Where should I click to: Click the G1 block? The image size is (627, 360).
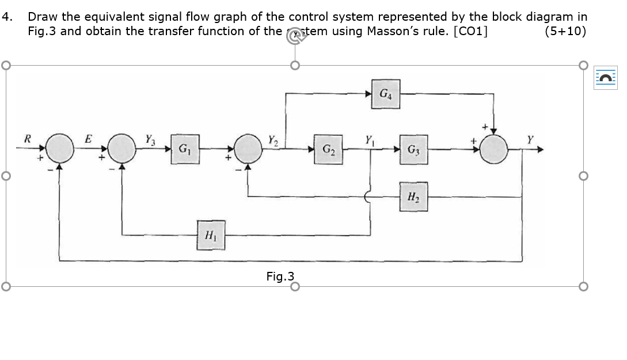coord(184,149)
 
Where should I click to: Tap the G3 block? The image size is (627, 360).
coord(413,149)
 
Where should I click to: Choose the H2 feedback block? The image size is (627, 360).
coord(413,197)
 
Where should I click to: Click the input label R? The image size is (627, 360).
coord(26,138)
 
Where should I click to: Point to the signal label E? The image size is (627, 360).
coord(88,138)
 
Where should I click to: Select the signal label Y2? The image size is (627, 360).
coord(273,138)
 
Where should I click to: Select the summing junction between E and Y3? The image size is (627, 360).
coord(122,149)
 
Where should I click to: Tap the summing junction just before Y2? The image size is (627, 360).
coord(248,149)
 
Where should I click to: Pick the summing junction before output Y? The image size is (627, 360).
coord(493,149)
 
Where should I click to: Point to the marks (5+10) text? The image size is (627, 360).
coord(565,31)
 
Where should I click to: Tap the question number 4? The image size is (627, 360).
coord(6,17)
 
